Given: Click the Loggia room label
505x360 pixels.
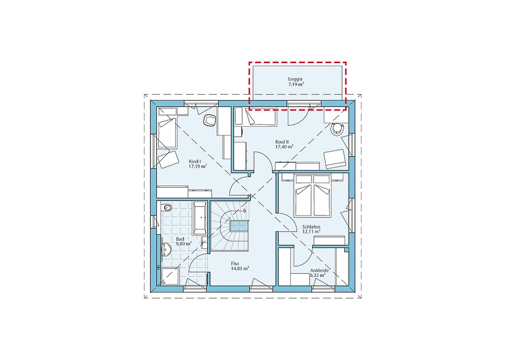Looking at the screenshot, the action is [x=295, y=79].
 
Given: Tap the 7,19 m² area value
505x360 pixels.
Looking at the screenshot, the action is [x=296, y=84].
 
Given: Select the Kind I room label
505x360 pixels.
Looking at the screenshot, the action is [x=195, y=161].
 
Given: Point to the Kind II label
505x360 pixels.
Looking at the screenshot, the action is [x=282, y=142].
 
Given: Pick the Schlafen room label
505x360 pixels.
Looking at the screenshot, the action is [x=311, y=227].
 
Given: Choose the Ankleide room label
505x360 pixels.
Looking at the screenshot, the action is [x=320, y=270].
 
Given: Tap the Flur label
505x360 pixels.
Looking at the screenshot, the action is [x=235, y=263].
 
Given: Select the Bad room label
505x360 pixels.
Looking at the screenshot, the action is [x=180, y=239].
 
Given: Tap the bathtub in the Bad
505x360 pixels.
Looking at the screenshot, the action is [x=200, y=218].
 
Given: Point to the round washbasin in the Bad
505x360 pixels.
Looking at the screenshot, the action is [x=166, y=249].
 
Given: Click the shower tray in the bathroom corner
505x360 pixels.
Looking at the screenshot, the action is [x=170, y=277].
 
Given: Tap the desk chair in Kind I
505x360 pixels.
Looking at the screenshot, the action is [x=209, y=121].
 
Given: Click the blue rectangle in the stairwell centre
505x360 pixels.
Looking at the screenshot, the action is [x=239, y=226].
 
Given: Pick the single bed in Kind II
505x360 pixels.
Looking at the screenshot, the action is [x=260, y=116].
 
